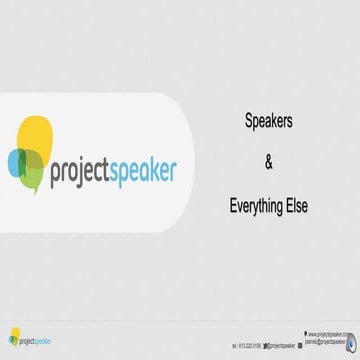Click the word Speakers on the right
tap(267, 118)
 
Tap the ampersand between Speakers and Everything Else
tap(267, 161)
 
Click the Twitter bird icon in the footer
tap(265, 343)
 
